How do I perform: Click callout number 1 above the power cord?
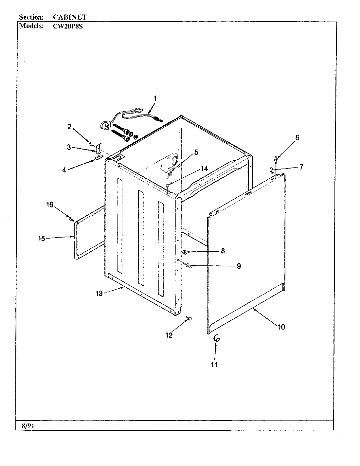pyautogui.click(x=155, y=98)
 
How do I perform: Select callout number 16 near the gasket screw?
pyautogui.click(x=49, y=205)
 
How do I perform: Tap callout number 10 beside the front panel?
pyautogui.click(x=281, y=327)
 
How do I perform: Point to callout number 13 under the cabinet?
pyautogui.click(x=99, y=294)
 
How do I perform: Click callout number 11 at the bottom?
pyautogui.click(x=214, y=365)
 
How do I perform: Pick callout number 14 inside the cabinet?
pyautogui.click(x=204, y=169)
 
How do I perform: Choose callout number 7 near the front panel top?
pyautogui.click(x=301, y=167)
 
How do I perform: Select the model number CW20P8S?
pyautogui.click(x=68, y=27)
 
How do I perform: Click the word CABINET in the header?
pyautogui.click(x=69, y=17)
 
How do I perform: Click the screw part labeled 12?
pyautogui.click(x=189, y=318)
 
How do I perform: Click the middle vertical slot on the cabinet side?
pyautogui.click(x=140, y=237)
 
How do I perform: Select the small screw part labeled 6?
pyautogui.click(x=277, y=159)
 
